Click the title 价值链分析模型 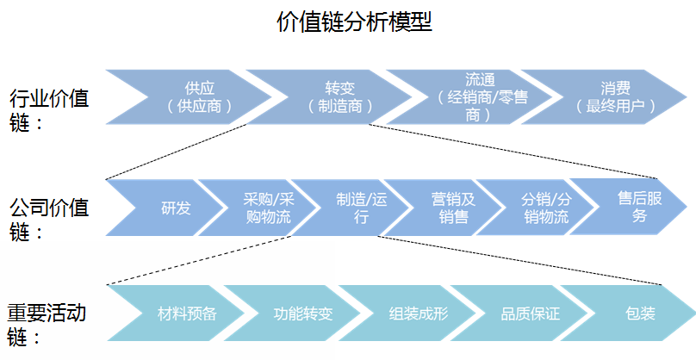coord(354,22)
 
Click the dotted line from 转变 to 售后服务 coord(517,152)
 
